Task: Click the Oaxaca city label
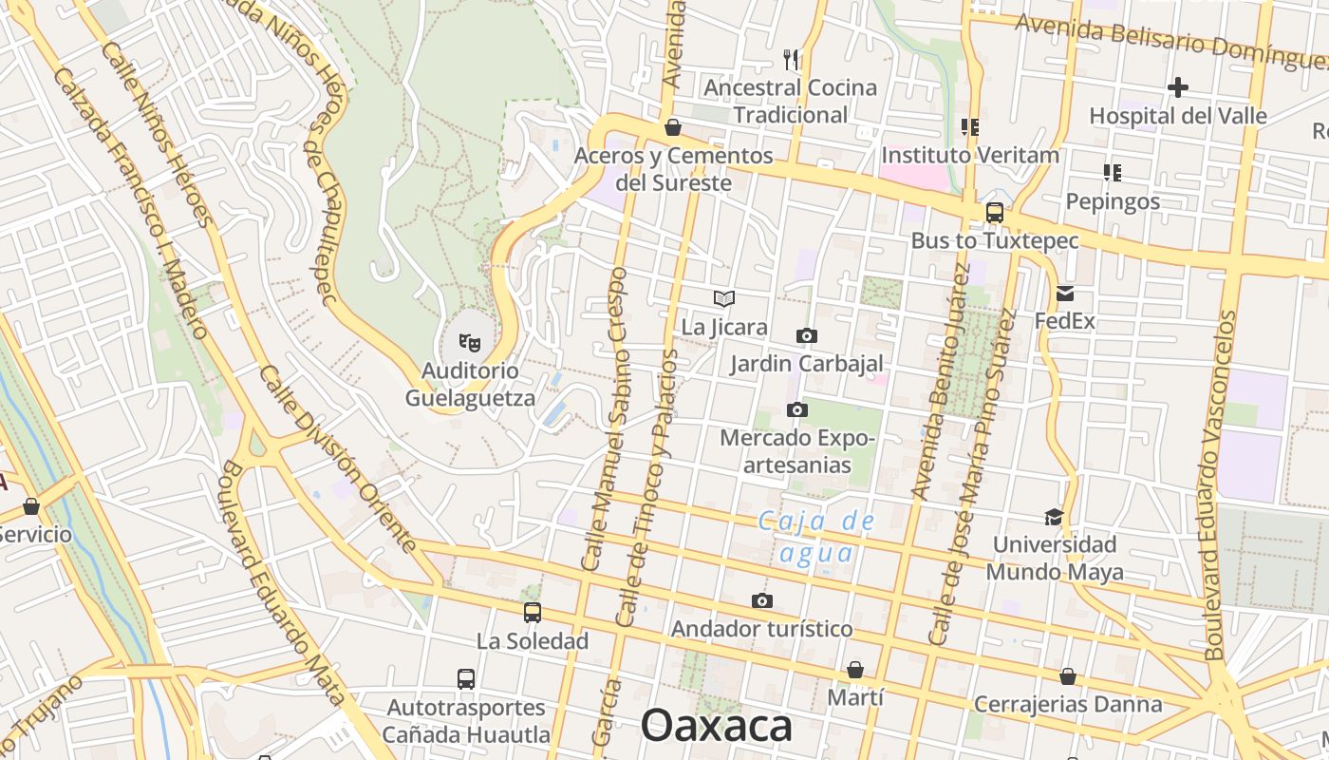pos(716,726)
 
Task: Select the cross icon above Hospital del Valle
pos(1177,87)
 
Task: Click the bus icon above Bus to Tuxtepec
pos(994,213)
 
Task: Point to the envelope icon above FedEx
pos(1064,294)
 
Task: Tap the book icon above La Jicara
pos(724,299)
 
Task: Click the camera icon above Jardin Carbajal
pos(806,335)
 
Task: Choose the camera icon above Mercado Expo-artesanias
pos(797,410)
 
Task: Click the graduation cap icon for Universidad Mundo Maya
pos(1054,517)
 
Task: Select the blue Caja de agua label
pos(816,537)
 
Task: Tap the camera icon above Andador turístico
pos(761,600)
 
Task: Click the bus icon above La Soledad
pos(533,613)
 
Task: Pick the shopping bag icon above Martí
pos(855,670)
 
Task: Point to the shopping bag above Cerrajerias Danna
pos(1068,676)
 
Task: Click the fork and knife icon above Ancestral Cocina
pos(791,60)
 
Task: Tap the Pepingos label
pos(1112,201)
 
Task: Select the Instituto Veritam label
pos(969,155)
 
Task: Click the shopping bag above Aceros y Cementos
pos(673,127)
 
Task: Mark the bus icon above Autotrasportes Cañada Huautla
pos(466,679)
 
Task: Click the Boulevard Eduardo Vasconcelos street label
pos(1222,484)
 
